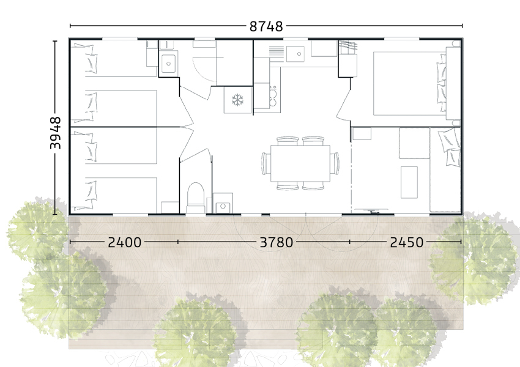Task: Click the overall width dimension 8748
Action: coord(266,26)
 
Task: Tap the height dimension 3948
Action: coord(55,133)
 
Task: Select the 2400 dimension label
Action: coord(125,242)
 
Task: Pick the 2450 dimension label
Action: coord(406,242)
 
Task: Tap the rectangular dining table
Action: coord(299,163)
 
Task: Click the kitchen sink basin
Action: coord(298,52)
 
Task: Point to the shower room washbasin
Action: coord(169,61)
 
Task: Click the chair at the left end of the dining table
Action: coord(264,163)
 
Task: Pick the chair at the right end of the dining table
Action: coord(335,163)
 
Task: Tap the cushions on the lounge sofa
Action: coord(451,147)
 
